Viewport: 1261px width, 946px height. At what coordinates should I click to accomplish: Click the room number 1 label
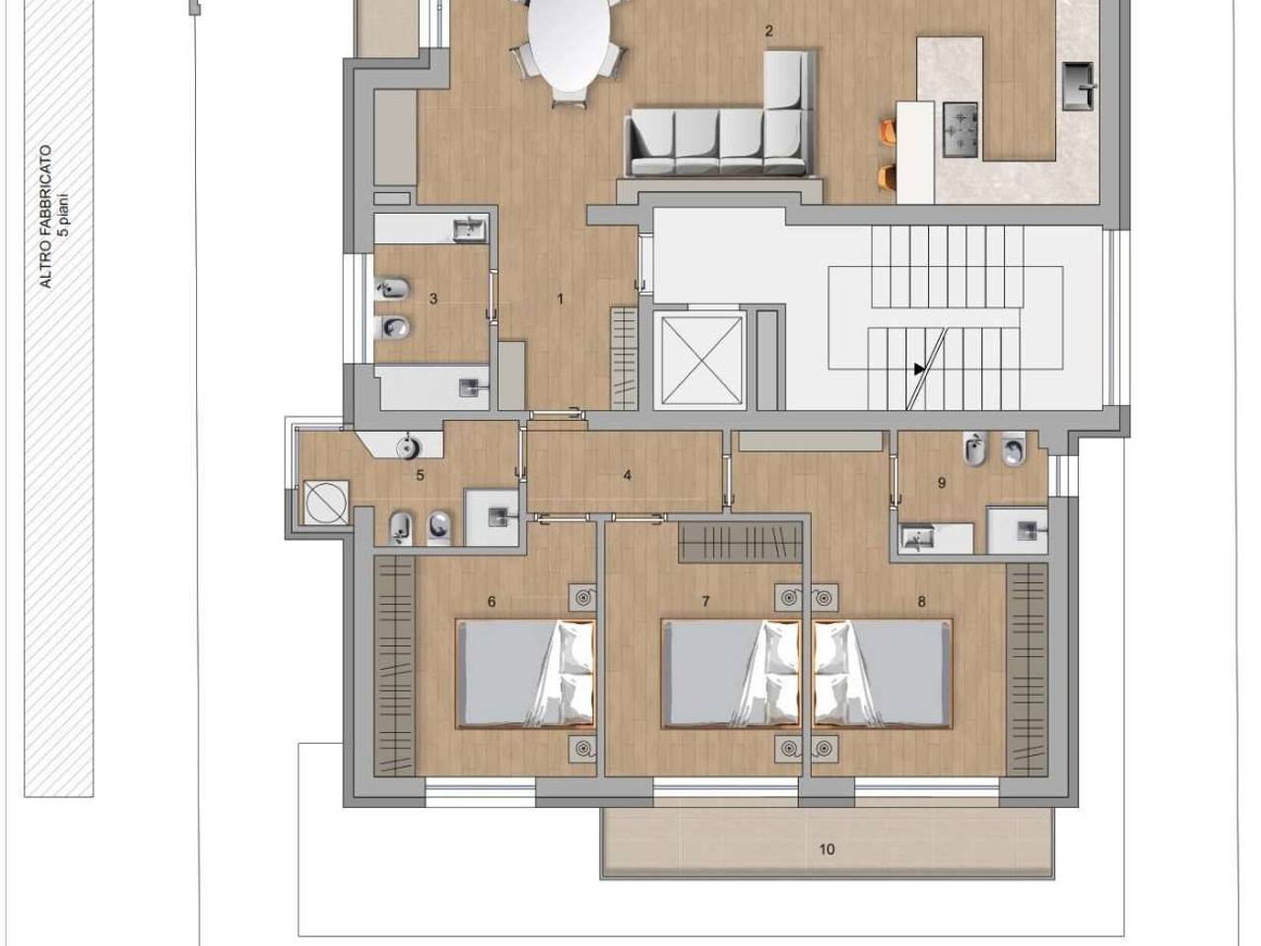561,299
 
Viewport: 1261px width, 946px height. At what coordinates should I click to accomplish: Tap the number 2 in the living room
768,31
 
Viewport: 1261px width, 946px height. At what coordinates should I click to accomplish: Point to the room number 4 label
628,475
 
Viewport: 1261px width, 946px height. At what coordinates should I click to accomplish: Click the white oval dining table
568,43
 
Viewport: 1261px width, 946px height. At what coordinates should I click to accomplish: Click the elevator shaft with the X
700,361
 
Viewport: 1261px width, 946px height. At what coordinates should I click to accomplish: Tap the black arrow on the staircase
919,369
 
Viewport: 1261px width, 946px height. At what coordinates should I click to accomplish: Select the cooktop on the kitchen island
960,130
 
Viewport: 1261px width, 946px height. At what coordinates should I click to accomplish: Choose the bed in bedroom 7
731,674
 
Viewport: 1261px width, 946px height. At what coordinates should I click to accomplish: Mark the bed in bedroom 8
883,674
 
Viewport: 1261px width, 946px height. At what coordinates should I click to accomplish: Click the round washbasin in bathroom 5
409,446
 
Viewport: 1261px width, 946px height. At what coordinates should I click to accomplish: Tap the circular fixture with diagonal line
326,503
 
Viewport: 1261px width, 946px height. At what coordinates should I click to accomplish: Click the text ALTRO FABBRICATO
45,217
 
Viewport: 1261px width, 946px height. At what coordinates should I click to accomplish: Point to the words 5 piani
63,215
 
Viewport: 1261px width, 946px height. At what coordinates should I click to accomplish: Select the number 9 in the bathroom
941,483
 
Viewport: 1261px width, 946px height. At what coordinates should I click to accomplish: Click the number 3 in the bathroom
433,299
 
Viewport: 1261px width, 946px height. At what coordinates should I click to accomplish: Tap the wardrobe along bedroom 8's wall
1028,670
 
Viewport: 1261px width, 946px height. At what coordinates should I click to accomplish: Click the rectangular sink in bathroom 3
470,230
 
